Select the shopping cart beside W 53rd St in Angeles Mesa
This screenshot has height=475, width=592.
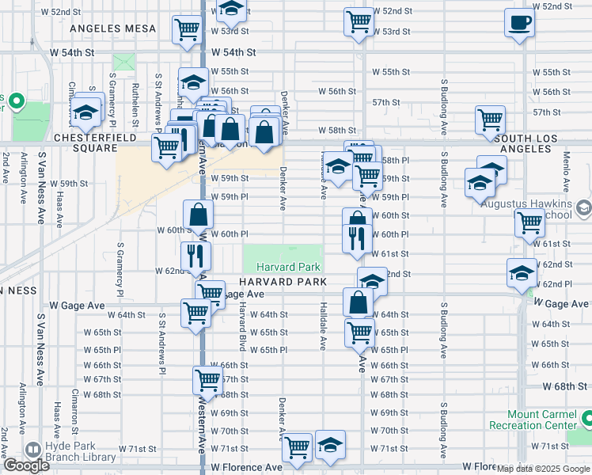point(187,29)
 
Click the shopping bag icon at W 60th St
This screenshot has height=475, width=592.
point(198,213)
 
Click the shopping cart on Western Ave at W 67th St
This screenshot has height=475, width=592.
point(207,380)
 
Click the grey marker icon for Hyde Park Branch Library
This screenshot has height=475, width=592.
point(33,449)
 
